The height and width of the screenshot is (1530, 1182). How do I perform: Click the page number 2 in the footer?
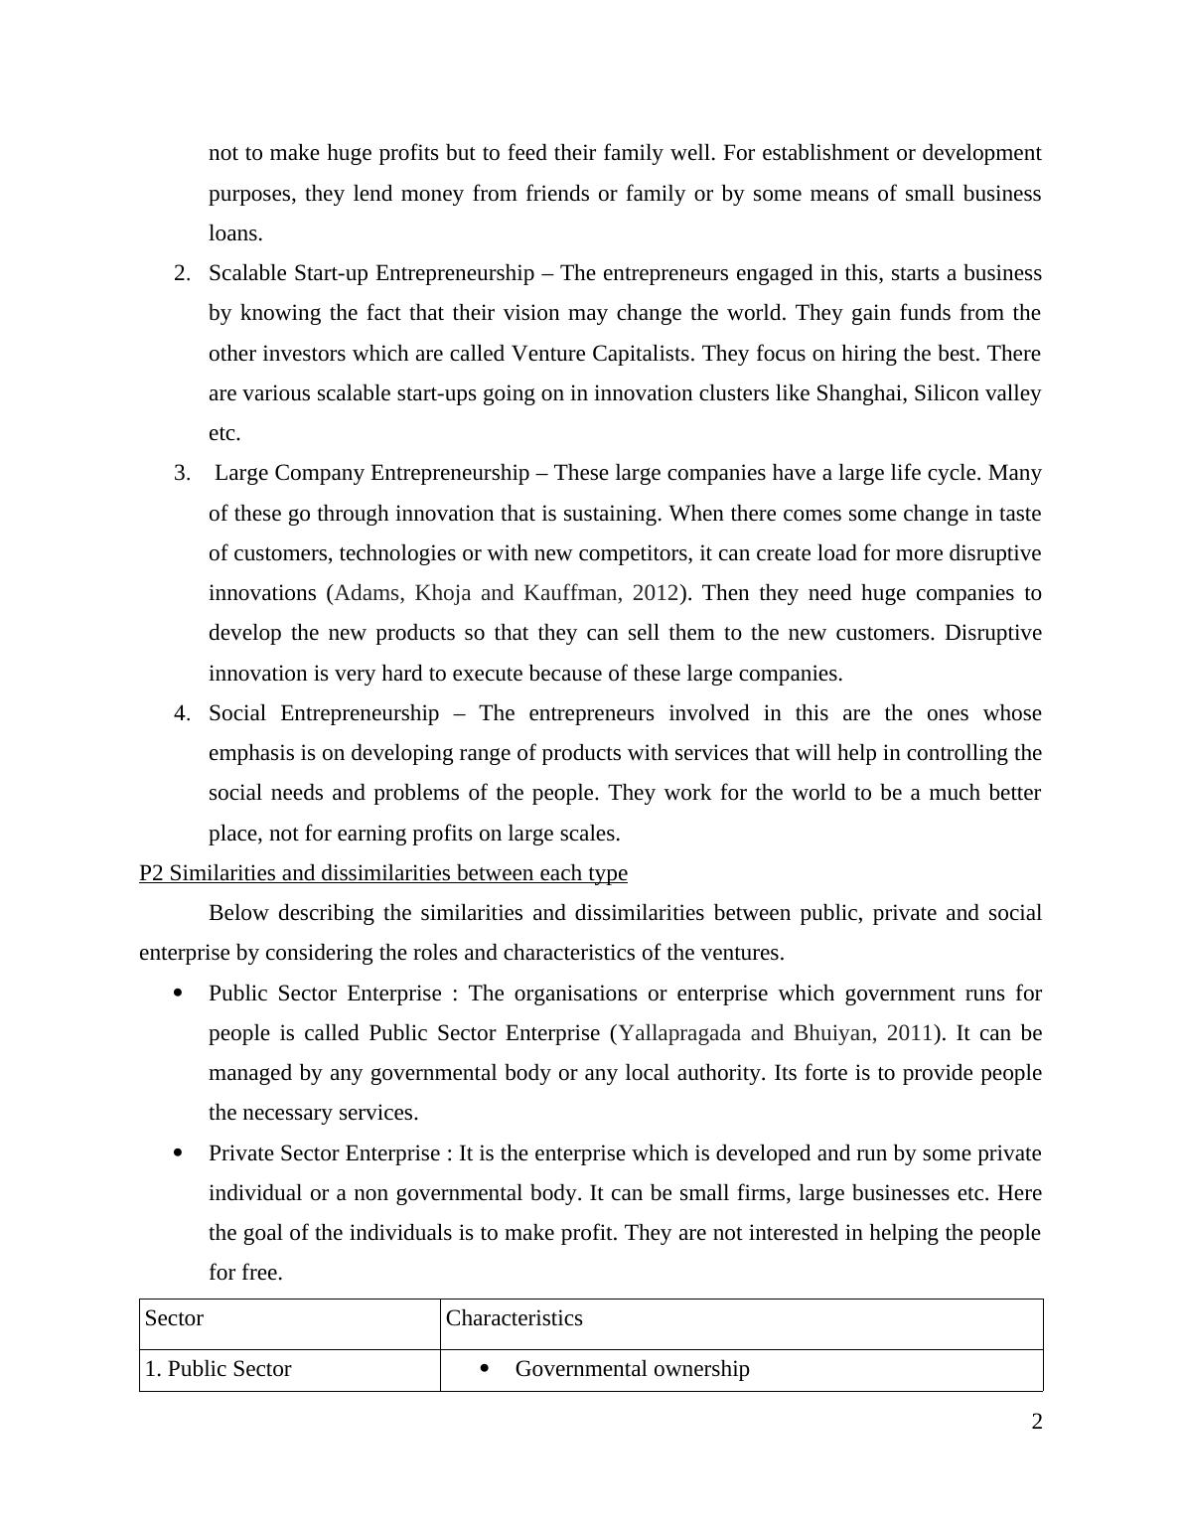pyautogui.click(x=1036, y=1422)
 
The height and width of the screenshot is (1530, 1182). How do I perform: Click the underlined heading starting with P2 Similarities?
pyautogui.click(x=382, y=873)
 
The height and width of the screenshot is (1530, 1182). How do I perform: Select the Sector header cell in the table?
pyautogui.click(x=174, y=1318)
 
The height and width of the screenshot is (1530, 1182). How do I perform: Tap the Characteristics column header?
pyautogui.click(x=514, y=1318)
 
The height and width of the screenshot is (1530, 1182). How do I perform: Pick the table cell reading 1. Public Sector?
pyautogui.click(x=219, y=1369)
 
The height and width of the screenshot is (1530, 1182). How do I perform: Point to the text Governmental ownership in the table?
pyautogui.click(x=632, y=1369)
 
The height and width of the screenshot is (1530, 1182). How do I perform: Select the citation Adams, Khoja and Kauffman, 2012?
pyautogui.click(x=506, y=593)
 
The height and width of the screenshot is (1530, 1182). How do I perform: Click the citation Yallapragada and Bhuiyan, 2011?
pyautogui.click(x=775, y=1033)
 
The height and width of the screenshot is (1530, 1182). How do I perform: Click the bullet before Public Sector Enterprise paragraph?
pyautogui.click(x=179, y=994)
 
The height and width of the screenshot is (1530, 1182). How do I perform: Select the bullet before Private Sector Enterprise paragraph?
pyautogui.click(x=179, y=1153)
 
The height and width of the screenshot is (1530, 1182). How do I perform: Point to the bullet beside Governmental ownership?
pyautogui.click(x=485, y=1369)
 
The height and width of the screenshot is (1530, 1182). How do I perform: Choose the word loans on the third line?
pyautogui.click(x=234, y=233)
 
